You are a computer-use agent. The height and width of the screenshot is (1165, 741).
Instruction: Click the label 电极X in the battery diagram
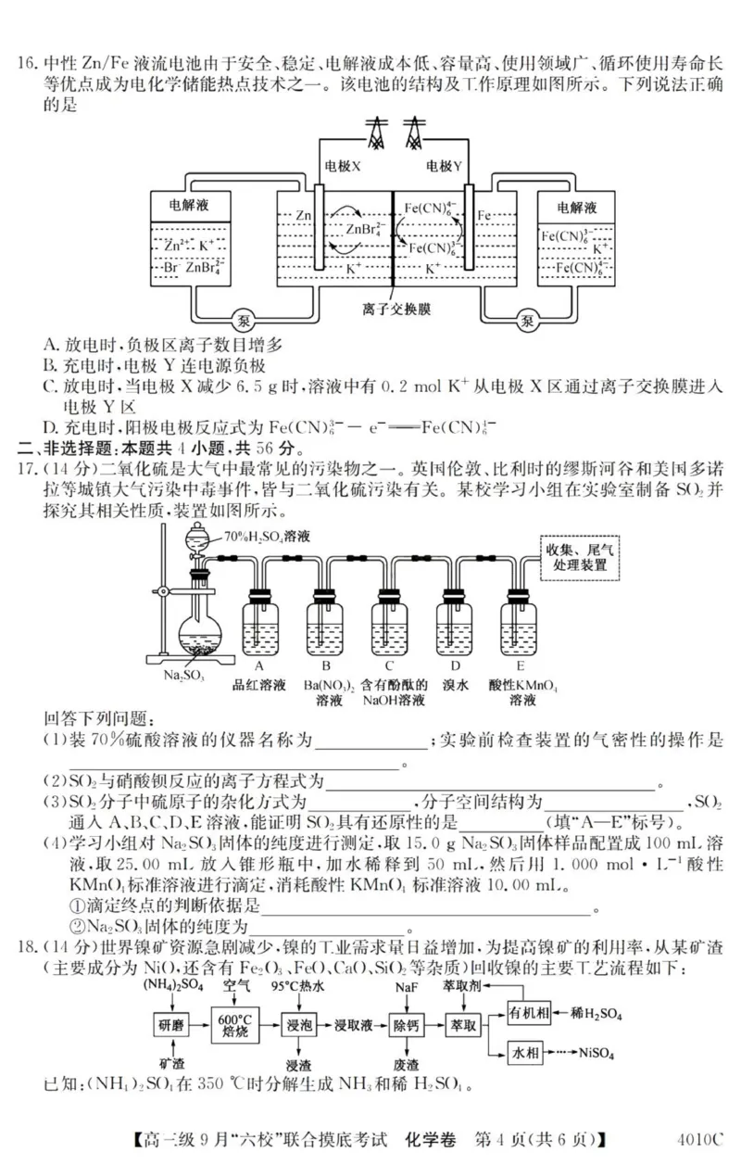[x=343, y=166]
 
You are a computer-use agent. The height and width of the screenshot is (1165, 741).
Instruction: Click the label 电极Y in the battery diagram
[x=444, y=166]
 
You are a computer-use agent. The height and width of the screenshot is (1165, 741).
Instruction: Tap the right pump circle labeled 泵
[x=528, y=321]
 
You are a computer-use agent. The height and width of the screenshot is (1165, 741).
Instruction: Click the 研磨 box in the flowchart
[x=170, y=1024]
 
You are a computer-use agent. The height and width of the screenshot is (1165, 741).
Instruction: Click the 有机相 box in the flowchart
[x=532, y=1014]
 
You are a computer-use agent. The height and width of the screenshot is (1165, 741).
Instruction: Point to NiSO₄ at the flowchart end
[x=603, y=1053]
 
